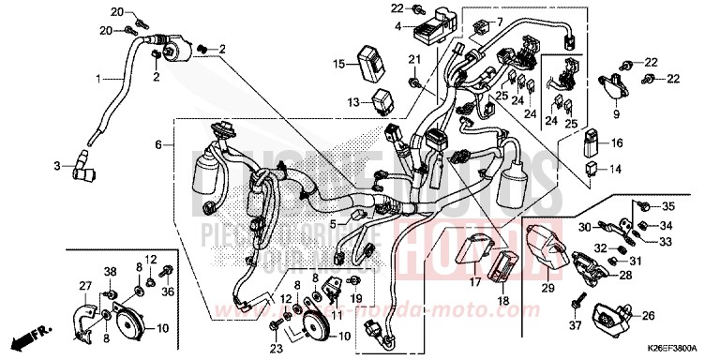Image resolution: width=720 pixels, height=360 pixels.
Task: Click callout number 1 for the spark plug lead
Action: tap(98, 78)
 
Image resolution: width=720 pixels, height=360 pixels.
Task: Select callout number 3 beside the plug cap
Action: tap(56, 166)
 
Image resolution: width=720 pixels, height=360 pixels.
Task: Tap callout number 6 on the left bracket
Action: tap(159, 145)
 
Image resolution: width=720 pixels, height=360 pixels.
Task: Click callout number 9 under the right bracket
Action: tap(617, 114)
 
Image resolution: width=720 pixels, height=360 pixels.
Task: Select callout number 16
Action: tap(616, 143)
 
